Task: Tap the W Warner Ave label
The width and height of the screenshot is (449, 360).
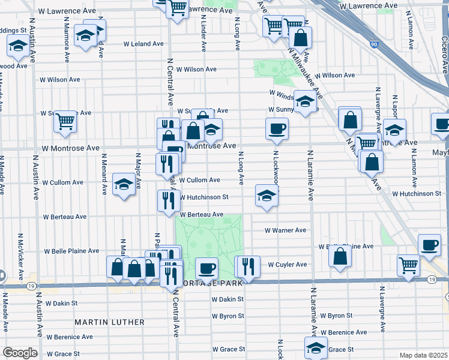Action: click(286, 230)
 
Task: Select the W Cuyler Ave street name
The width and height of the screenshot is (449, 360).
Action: click(287, 265)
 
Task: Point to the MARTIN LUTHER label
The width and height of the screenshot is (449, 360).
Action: click(109, 322)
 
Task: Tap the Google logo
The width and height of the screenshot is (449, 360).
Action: click(20, 353)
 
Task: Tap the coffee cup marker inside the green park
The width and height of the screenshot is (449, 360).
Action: click(207, 268)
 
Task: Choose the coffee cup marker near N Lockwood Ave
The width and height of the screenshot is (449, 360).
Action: click(277, 128)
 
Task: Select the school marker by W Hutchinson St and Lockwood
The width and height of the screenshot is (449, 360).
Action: click(267, 195)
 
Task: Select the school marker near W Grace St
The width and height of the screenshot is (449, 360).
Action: click(316, 347)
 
